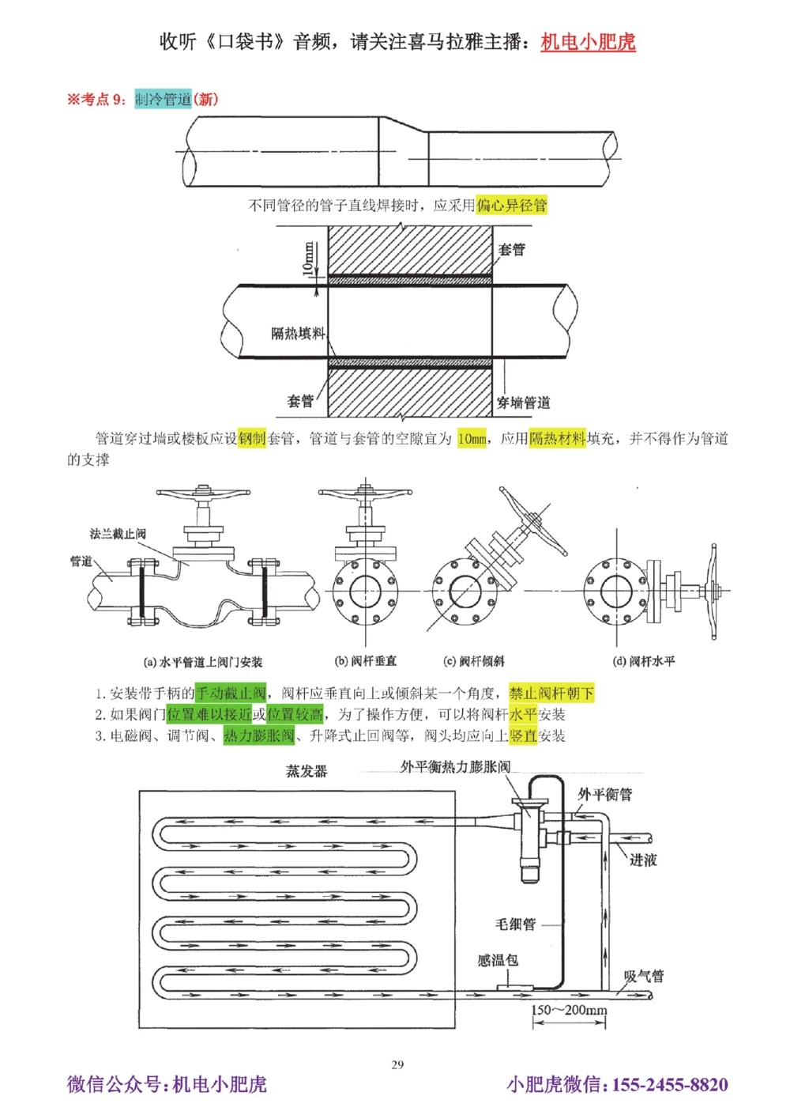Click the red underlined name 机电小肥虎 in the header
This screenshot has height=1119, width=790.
click(588, 42)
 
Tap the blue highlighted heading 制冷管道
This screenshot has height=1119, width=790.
click(163, 99)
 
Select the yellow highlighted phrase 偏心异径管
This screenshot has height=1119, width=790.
click(511, 206)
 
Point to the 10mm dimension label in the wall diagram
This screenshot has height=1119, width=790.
click(308, 258)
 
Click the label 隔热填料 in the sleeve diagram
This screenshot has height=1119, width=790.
click(298, 334)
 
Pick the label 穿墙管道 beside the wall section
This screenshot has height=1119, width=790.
click(523, 403)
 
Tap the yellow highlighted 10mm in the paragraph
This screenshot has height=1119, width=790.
click(472, 439)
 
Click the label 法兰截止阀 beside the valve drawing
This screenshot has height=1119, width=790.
click(118, 534)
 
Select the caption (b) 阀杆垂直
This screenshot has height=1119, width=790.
click(365, 661)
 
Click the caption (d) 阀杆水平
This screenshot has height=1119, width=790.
click(644, 661)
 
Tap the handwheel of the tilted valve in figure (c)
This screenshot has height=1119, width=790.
click(532, 522)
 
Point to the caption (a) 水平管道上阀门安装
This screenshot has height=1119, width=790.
click(202, 662)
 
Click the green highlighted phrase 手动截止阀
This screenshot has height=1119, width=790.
click(230, 694)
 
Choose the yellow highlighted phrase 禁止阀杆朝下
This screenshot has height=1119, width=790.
click(551, 694)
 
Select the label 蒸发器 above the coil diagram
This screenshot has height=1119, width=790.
click(306, 771)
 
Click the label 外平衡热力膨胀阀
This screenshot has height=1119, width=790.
click(455, 767)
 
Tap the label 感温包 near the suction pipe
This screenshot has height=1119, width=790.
click(498, 960)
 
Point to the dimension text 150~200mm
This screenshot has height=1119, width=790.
click(569, 1010)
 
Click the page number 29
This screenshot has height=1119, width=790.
click(397, 1064)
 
